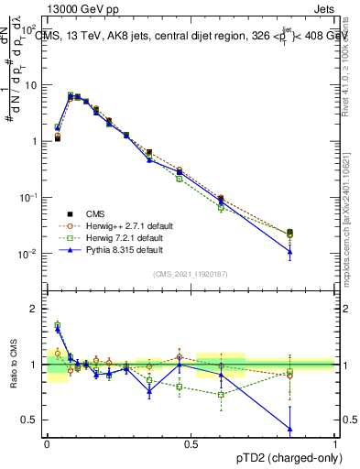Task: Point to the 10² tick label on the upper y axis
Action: [x=30, y=28]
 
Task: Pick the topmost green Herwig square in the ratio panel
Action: [x=57, y=324]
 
